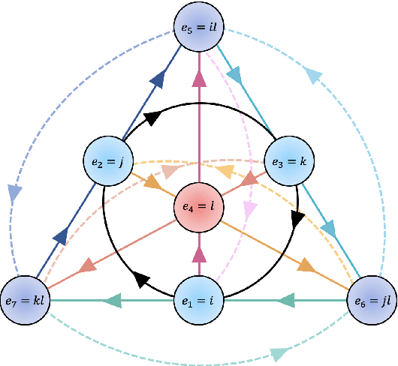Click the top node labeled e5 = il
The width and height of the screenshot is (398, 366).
[199, 28]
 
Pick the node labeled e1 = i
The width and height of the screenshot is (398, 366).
[199, 301]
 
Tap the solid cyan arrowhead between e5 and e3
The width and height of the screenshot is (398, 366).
[235, 75]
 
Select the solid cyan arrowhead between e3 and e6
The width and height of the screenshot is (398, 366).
[328, 227]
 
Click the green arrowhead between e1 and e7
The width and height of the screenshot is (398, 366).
[112, 301]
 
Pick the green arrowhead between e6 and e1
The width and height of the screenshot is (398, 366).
[286, 301]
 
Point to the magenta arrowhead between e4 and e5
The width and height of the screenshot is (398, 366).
[199, 79]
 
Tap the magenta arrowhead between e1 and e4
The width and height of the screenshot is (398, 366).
[199, 255]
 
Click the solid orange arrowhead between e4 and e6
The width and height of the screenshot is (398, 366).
[306, 265]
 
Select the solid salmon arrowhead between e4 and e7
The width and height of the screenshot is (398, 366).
[89, 265]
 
